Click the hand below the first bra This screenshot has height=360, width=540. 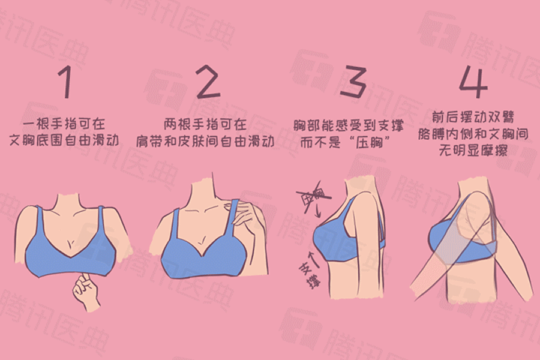click(84, 290)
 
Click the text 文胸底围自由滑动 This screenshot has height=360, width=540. click(65, 141)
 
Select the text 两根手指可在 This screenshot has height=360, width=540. click(205, 125)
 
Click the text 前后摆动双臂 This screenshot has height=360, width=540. click(473, 116)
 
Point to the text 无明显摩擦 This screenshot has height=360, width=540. click(473, 150)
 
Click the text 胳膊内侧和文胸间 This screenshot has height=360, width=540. click(473, 133)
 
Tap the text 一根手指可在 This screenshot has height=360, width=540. click(65, 125)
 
